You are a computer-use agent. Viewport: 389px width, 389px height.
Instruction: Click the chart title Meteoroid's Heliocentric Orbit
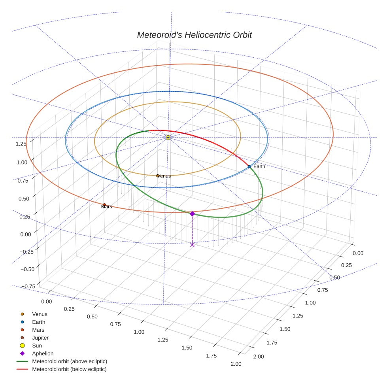coord(194,35)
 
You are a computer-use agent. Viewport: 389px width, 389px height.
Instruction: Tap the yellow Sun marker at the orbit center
coord(168,137)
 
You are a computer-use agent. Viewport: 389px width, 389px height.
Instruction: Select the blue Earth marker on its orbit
coord(249,167)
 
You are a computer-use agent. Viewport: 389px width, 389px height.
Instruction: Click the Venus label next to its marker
coord(164,176)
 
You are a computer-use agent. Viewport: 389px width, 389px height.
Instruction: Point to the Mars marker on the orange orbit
coord(104,205)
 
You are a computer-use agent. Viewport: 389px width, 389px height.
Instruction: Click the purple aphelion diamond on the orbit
coord(192,214)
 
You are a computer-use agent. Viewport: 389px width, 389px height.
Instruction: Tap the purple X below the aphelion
coord(192,245)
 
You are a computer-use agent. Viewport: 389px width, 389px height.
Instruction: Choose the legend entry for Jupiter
coord(40,338)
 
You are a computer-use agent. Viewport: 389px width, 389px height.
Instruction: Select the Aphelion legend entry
coord(42,353)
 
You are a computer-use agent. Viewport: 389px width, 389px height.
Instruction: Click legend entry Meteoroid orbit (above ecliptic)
coord(69,361)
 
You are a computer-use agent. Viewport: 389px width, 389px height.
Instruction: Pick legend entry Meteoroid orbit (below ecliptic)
coord(69,369)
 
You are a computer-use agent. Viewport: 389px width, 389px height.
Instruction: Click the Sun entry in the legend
coord(36,346)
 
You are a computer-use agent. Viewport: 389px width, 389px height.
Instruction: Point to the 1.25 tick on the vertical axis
coord(21,144)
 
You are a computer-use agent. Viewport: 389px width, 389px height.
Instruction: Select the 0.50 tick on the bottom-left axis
coord(92,317)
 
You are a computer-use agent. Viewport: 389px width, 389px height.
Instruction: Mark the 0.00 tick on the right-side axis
coord(358,253)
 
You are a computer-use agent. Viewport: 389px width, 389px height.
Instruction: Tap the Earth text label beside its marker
coord(259,166)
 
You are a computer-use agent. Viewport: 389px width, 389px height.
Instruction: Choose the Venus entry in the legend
coord(40,314)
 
